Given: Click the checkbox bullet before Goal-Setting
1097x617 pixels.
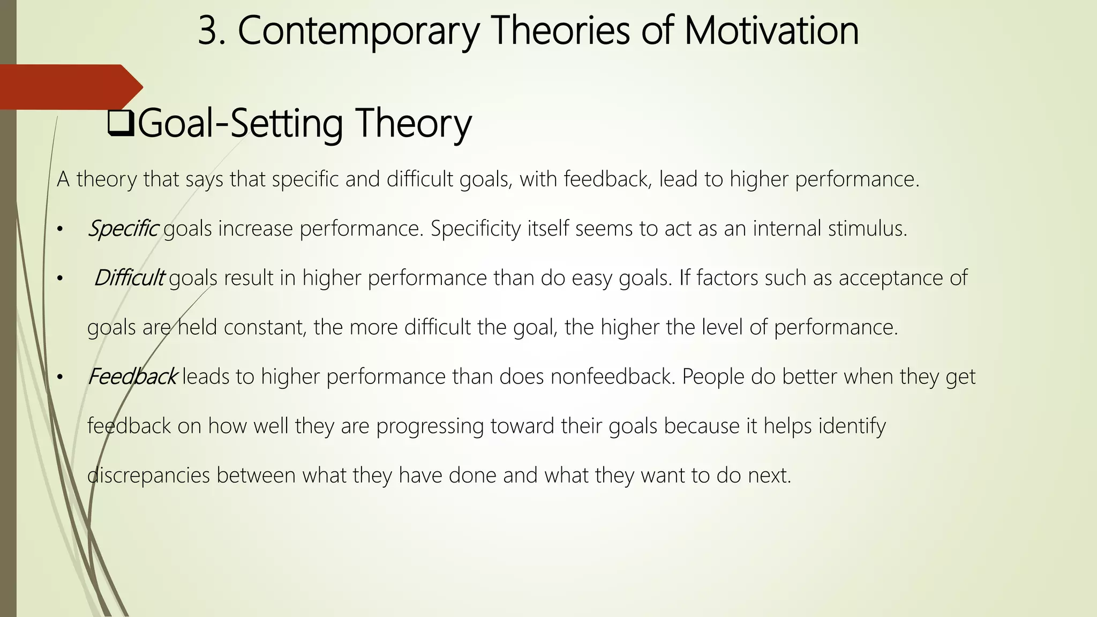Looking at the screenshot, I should [x=121, y=124].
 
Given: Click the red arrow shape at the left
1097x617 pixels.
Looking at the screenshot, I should [x=70, y=87].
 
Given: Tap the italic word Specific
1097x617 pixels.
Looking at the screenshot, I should [x=123, y=229].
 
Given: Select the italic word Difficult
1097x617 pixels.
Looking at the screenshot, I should [x=129, y=278].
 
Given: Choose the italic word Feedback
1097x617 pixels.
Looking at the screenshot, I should [x=132, y=377].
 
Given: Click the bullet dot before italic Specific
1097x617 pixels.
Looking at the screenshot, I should [x=60, y=230].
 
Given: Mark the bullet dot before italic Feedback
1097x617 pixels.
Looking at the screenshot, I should [x=60, y=378].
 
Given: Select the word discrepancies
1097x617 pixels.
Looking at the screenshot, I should [x=148, y=475].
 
